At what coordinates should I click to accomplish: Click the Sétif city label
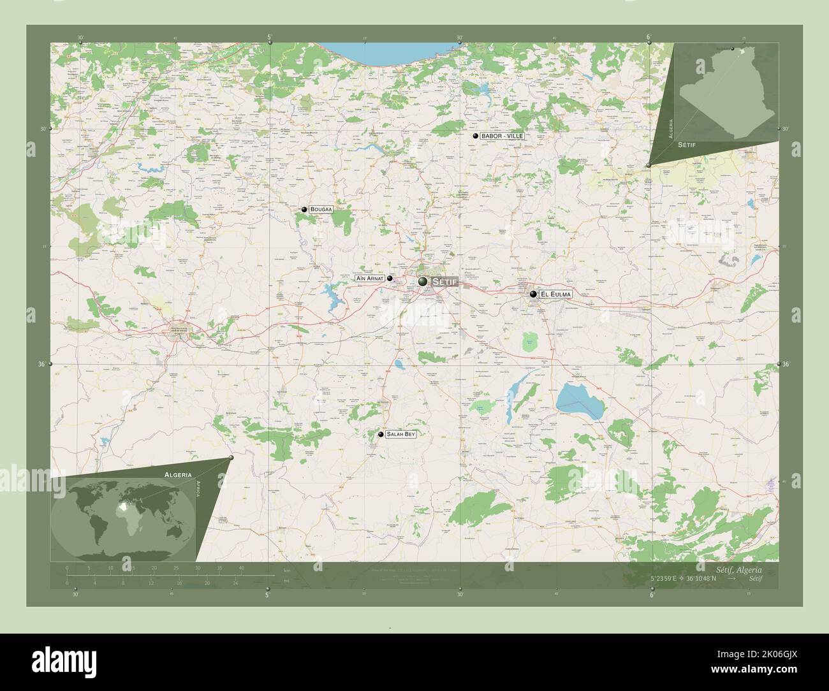[x=444, y=282]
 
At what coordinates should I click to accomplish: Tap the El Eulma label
[x=555, y=295]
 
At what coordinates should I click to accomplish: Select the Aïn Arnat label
[x=369, y=279]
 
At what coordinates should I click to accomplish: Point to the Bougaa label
[x=322, y=209]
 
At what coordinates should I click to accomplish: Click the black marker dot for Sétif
[x=423, y=281]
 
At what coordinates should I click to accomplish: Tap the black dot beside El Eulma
[x=533, y=295]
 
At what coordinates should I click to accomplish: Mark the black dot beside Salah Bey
[x=381, y=434]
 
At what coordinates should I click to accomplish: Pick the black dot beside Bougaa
[x=305, y=209]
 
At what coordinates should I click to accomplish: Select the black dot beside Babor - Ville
[x=475, y=136]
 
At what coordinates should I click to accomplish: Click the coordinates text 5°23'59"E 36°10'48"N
[x=684, y=579]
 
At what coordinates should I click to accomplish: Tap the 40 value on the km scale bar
[x=241, y=567]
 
